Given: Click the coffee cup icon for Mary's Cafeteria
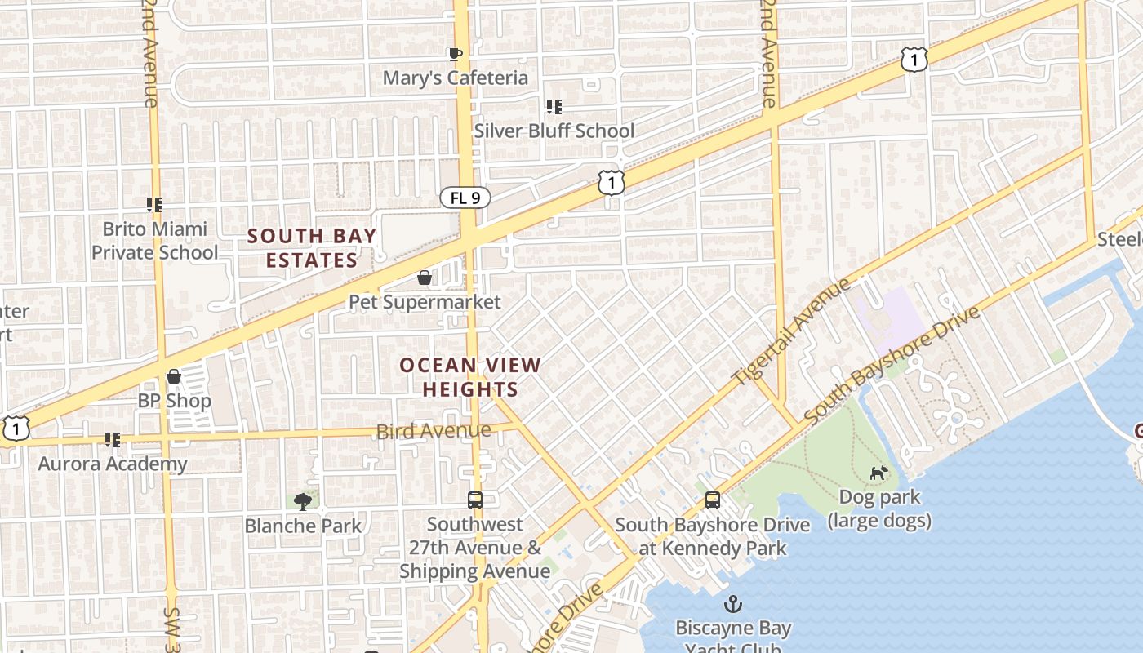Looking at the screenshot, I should tap(456, 55).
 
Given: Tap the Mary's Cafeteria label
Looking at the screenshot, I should tap(456, 78).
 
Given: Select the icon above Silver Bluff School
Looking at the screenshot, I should tap(554, 107).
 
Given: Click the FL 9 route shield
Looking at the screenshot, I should tap(465, 198).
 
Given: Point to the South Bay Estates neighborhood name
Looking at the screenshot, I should tap(312, 248).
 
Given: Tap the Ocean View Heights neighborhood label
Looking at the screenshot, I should tap(470, 377).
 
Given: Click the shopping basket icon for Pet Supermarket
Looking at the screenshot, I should tap(425, 278).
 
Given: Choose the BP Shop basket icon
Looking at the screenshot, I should tap(174, 377).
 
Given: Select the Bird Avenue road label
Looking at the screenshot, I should tap(434, 430).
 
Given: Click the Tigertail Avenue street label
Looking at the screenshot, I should tap(791, 331).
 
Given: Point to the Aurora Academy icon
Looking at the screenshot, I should tap(113, 441).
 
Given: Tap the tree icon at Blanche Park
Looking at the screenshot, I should tap(303, 500).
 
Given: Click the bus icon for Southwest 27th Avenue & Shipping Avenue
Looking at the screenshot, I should tap(475, 500).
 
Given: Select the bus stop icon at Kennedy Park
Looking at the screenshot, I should tap(713, 500).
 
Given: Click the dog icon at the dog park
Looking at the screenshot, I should tap(878, 473).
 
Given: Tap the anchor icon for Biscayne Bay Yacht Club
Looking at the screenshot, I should tap(733, 605).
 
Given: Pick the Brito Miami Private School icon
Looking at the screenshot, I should tap(154, 205).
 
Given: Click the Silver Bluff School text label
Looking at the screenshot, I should tap(554, 131).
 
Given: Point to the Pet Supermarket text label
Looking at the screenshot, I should tap(425, 302).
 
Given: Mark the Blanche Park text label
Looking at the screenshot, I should tap(303, 525).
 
